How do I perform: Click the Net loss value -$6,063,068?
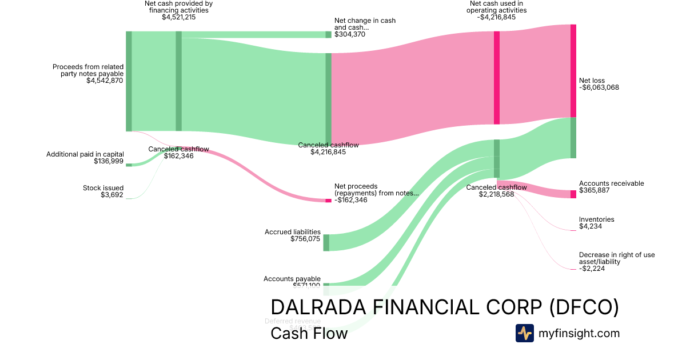click(x=599, y=87)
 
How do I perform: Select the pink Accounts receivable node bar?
click(x=573, y=194)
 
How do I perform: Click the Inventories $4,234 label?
click(x=596, y=223)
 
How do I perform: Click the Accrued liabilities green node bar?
click(x=326, y=242)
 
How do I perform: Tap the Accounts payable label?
click(x=292, y=279)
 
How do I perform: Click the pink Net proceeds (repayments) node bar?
click(x=328, y=201)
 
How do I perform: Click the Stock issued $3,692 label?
click(x=103, y=191)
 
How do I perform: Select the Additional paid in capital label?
click(x=85, y=154)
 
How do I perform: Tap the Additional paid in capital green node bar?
click(x=129, y=165)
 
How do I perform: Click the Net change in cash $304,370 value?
click(x=350, y=34)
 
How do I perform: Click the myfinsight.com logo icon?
click(x=524, y=333)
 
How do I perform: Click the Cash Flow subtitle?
click(x=309, y=333)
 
